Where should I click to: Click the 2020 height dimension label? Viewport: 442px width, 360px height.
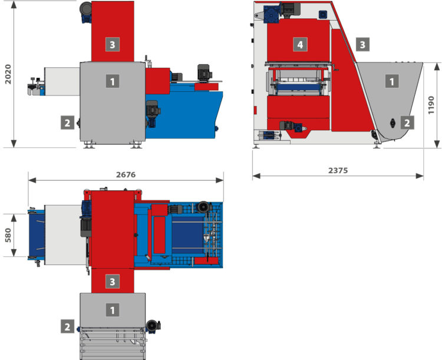[8, 74]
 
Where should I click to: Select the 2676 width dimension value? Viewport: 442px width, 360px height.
[126, 175]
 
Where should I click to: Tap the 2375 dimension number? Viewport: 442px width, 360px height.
[338, 170]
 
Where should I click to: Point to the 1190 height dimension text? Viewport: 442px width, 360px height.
[431, 105]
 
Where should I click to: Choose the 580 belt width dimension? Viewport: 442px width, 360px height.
[8, 235]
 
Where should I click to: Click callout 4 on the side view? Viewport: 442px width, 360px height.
[300, 44]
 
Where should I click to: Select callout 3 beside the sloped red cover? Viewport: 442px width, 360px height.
[362, 44]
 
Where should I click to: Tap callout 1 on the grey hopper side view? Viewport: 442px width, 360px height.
[392, 81]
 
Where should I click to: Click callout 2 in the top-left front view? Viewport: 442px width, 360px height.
[67, 123]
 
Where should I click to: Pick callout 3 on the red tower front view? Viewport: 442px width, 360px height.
[113, 44]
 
